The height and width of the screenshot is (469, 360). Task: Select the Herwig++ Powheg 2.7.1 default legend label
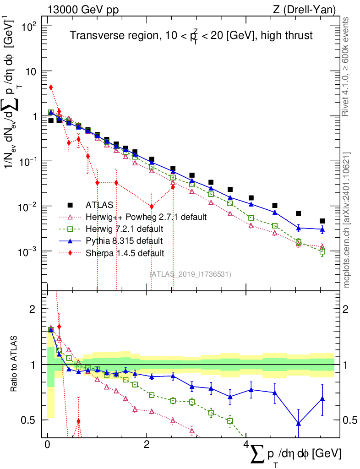pyautogui.click(x=146, y=217)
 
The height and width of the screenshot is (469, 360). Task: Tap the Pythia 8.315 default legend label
pyautogui.click(x=124, y=240)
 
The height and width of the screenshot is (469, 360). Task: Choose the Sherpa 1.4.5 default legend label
pyautogui.click(x=125, y=252)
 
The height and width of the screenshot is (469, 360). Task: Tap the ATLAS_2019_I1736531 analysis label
pyautogui.click(x=190, y=274)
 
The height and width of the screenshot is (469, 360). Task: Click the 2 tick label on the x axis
pyautogui.click(x=146, y=445)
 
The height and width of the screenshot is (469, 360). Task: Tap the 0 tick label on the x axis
pyautogui.click(x=47, y=445)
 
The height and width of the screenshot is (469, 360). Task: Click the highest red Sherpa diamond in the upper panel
pyautogui.click(x=51, y=87)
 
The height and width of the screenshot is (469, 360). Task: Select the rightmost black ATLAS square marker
pyautogui.click(x=322, y=221)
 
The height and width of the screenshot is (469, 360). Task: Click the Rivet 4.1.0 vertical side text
pyautogui.click(x=346, y=66)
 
